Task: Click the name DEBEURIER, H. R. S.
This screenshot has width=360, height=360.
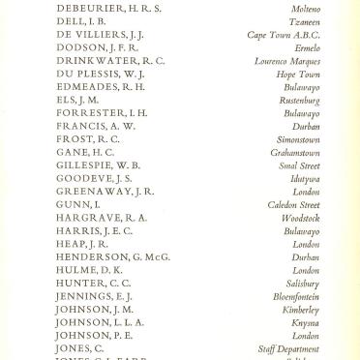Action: tap(108, 9)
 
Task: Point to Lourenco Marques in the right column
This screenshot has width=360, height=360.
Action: tap(285, 61)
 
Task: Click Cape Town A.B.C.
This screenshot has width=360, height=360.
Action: tap(283, 35)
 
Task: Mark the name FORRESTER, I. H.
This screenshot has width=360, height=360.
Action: tap(104, 113)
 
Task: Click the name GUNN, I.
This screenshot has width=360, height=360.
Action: tap(78, 204)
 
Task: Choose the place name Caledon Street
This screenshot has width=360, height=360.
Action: tap(294, 204)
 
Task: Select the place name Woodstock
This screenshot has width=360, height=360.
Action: tap(300, 218)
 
